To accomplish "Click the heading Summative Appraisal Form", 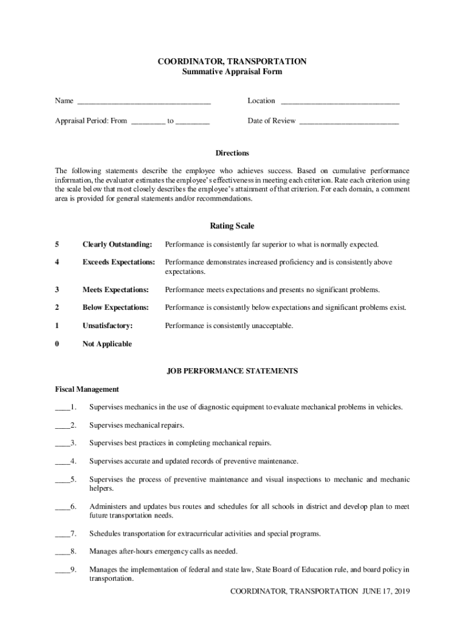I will click(232, 72).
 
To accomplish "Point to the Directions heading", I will click(232, 153).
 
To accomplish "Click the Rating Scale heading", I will click(232, 227).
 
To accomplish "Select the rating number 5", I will click(57, 244).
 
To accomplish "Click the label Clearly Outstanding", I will click(117, 244).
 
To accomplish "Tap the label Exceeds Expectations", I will click(119, 262).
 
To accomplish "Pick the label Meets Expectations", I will click(115, 290).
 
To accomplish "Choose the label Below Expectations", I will click(115, 307).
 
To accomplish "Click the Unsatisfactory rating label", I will click(108, 326).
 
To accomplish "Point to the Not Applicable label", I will click(107, 344).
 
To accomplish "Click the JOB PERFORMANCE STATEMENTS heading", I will click(232, 371).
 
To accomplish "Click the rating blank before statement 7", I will click(62, 535).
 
